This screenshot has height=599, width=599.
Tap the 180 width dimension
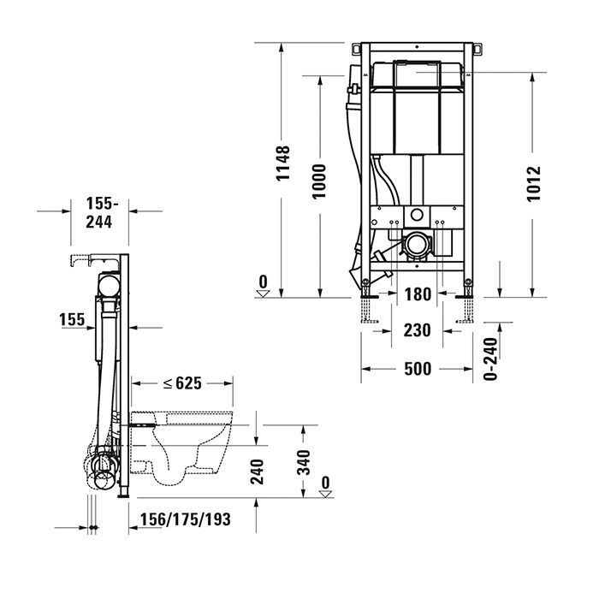point(417,295)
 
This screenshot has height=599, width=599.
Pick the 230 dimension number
point(417,329)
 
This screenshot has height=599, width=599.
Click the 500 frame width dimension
point(418,369)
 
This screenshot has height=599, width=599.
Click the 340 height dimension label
point(302,465)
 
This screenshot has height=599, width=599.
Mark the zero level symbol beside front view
point(264,285)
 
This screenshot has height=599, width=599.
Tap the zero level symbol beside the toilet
point(325,487)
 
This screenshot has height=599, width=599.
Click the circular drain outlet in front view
point(417,246)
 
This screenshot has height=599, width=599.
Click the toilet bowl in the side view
point(193,445)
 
